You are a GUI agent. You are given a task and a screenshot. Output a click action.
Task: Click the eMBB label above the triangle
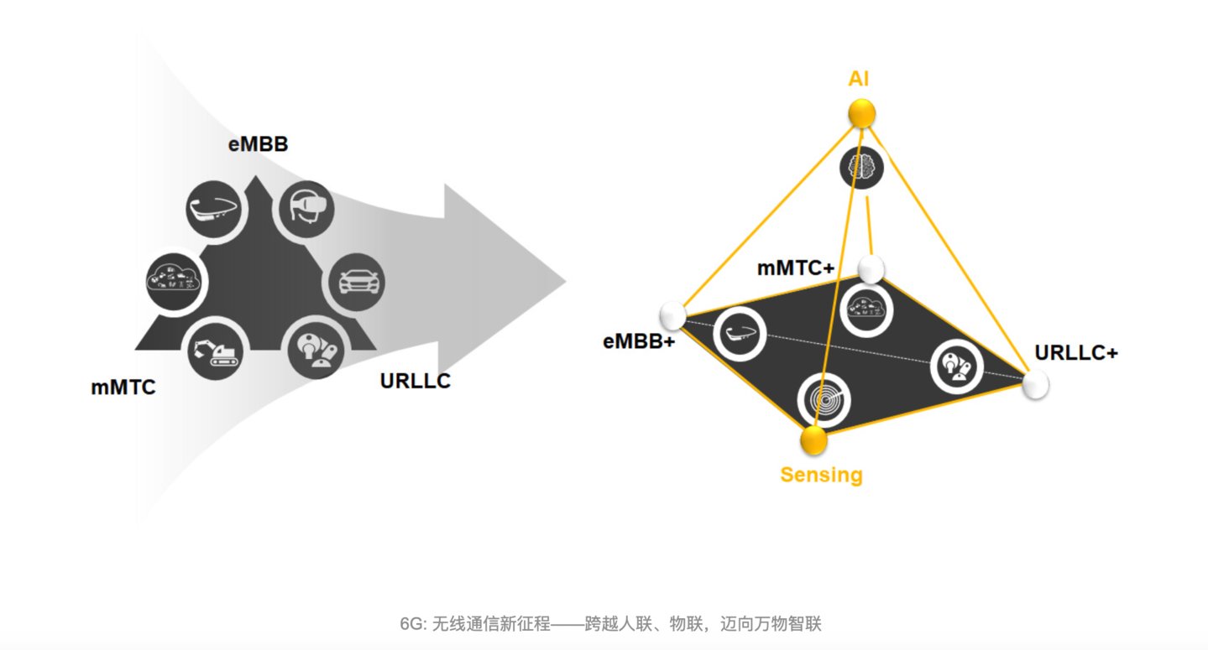tap(258, 144)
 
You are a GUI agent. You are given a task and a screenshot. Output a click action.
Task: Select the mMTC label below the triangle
tap(123, 388)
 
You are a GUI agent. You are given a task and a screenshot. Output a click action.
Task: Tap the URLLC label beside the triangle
tap(415, 381)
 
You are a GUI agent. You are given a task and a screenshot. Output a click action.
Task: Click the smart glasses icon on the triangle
tap(214, 206)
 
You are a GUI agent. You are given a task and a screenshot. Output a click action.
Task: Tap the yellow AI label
tap(859, 80)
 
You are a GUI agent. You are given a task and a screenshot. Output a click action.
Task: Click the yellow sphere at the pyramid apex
tap(861, 112)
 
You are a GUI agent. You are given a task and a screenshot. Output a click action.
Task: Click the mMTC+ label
tap(795, 268)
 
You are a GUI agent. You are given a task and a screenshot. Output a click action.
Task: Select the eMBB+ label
tap(639, 342)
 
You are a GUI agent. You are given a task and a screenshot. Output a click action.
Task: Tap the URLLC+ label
tap(1076, 353)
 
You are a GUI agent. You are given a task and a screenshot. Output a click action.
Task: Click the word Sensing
tap(821, 475)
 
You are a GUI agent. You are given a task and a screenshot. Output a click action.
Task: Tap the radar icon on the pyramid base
tap(823, 398)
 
